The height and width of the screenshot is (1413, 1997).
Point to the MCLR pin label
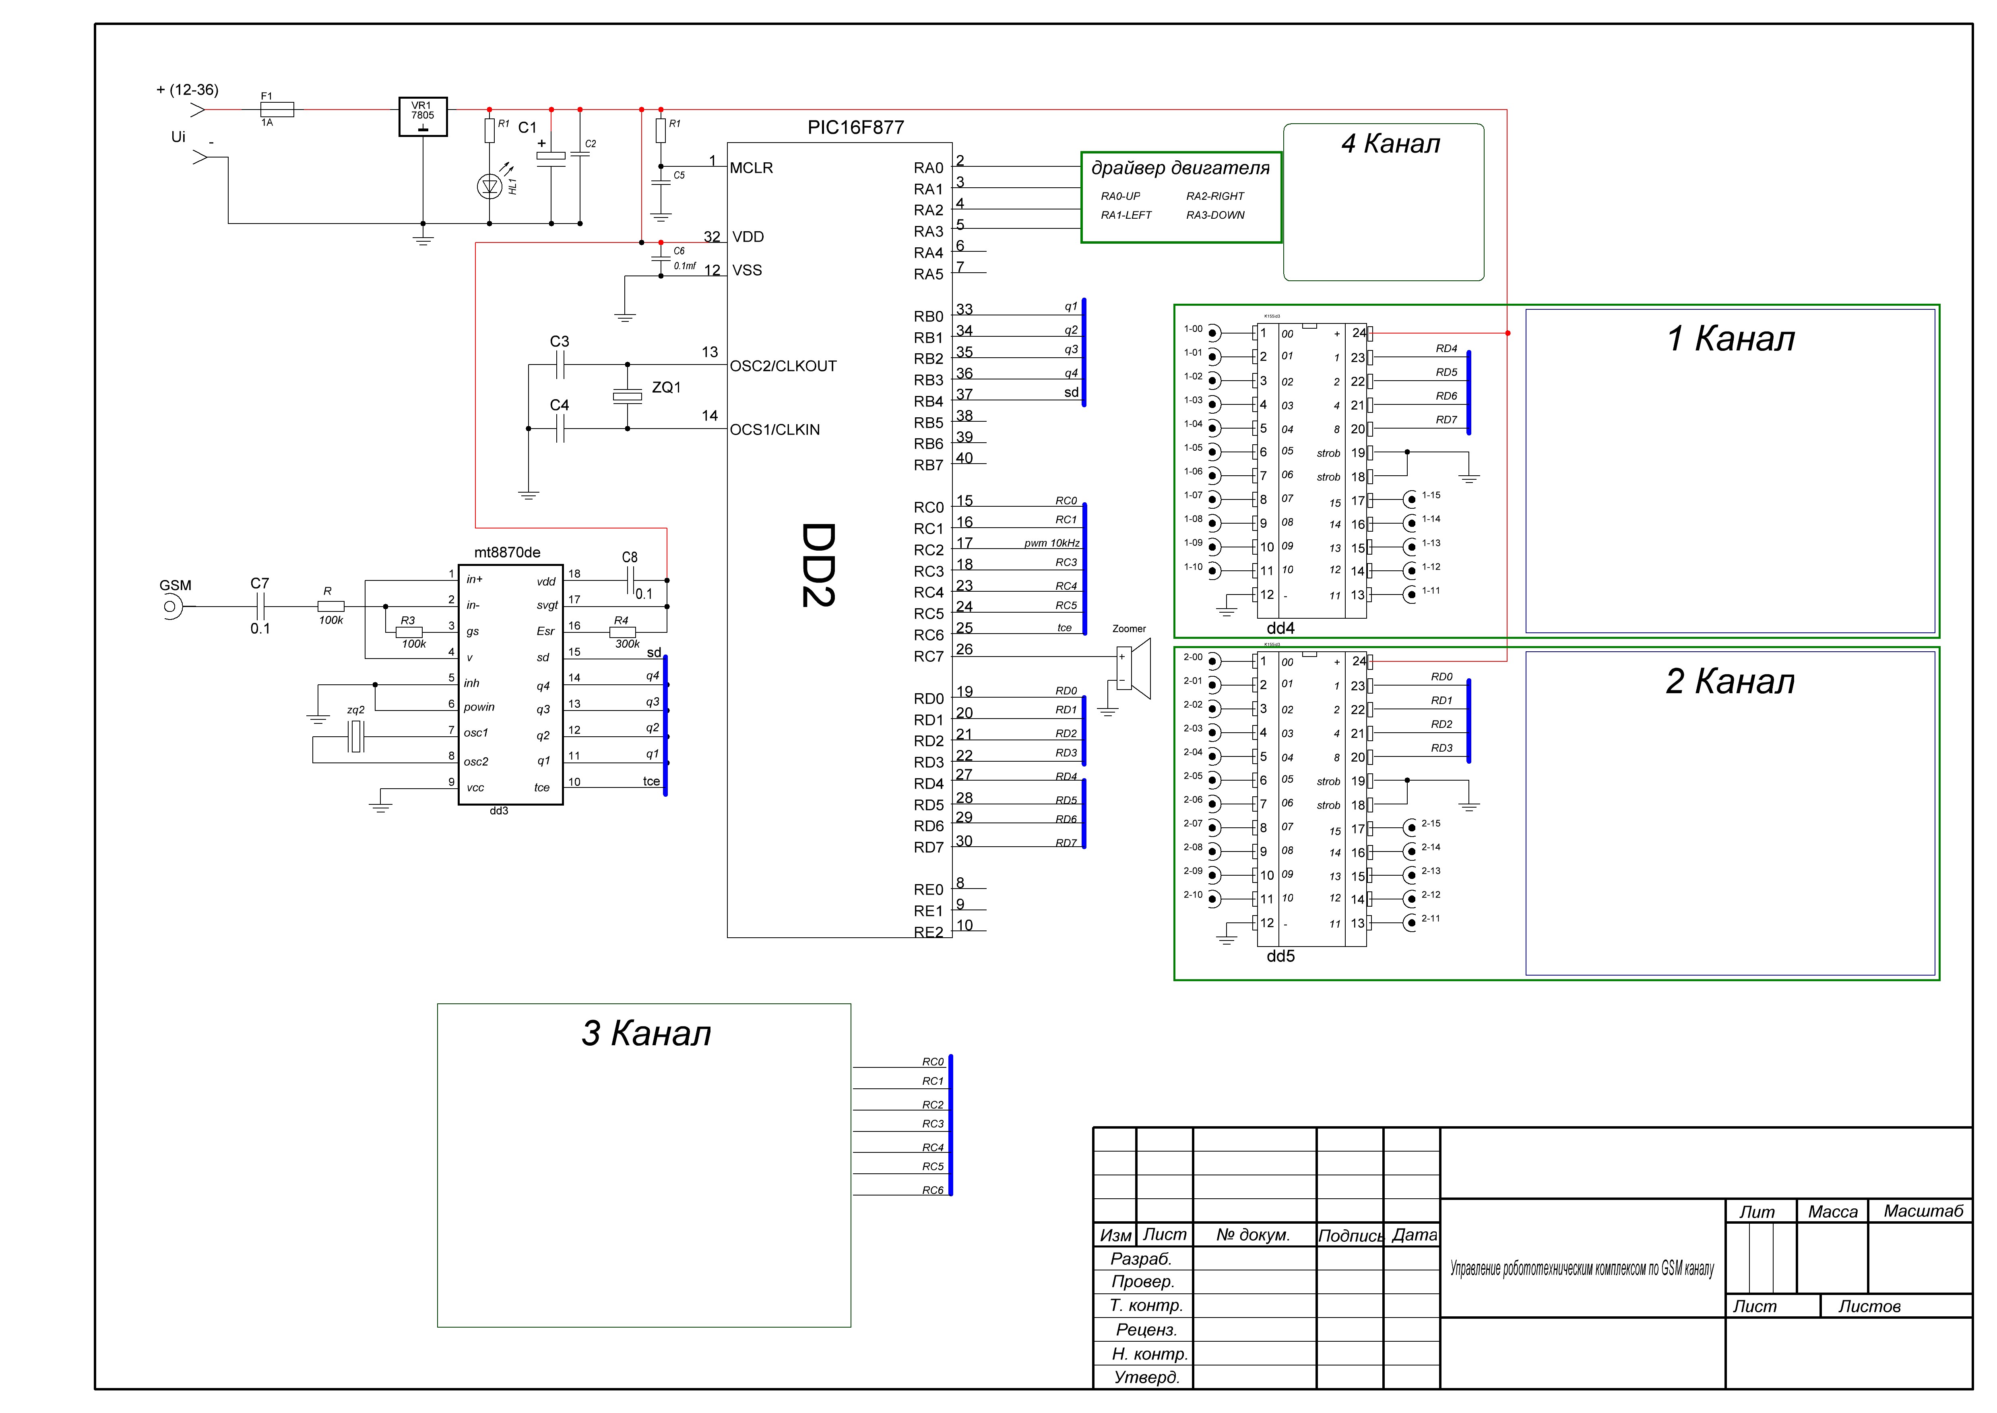click(x=752, y=168)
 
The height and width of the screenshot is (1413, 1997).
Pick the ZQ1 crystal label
click(x=666, y=387)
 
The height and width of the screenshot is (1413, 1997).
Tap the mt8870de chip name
click(x=507, y=553)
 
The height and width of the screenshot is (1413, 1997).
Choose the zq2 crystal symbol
click(x=356, y=737)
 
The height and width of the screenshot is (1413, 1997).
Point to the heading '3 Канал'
click(x=646, y=1034)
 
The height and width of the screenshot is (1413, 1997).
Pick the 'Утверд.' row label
click(x=1146, y=1377)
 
